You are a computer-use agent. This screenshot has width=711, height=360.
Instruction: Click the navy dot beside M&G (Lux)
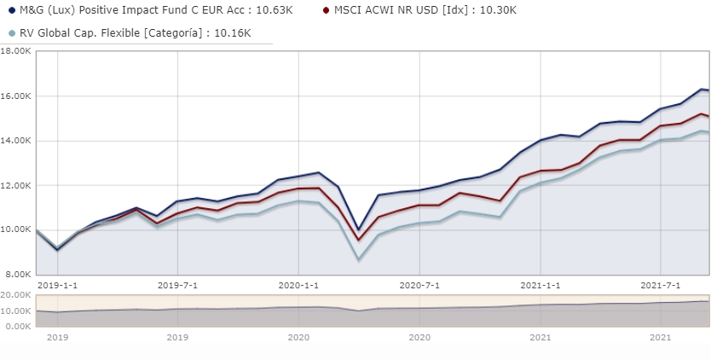(x=11, y=10)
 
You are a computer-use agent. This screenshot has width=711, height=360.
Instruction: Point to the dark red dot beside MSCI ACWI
(x=327, y=10)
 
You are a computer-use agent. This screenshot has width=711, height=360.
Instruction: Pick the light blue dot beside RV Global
(x=11, y=33)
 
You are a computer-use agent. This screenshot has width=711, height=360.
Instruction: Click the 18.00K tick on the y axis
(x=16, y=51)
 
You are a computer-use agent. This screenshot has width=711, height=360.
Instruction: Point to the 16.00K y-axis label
(x=16, y=96)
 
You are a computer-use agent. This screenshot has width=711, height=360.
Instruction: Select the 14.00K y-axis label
(x=16, y=141)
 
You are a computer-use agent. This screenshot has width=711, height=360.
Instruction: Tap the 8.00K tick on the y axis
(x=18, y=275)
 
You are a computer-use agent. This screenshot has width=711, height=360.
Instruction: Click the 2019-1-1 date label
(x=56, y=285)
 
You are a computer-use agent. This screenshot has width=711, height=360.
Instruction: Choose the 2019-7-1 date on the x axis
(x=178, y=285)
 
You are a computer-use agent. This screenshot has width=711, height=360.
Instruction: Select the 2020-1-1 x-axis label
(x=299, y=285)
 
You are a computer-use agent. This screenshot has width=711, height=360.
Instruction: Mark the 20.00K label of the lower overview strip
(x=16, y=294)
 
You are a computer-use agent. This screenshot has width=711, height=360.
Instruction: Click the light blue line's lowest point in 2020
(x=359, y=258)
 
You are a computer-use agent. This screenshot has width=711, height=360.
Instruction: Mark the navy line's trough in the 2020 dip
(x=359, y=229)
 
